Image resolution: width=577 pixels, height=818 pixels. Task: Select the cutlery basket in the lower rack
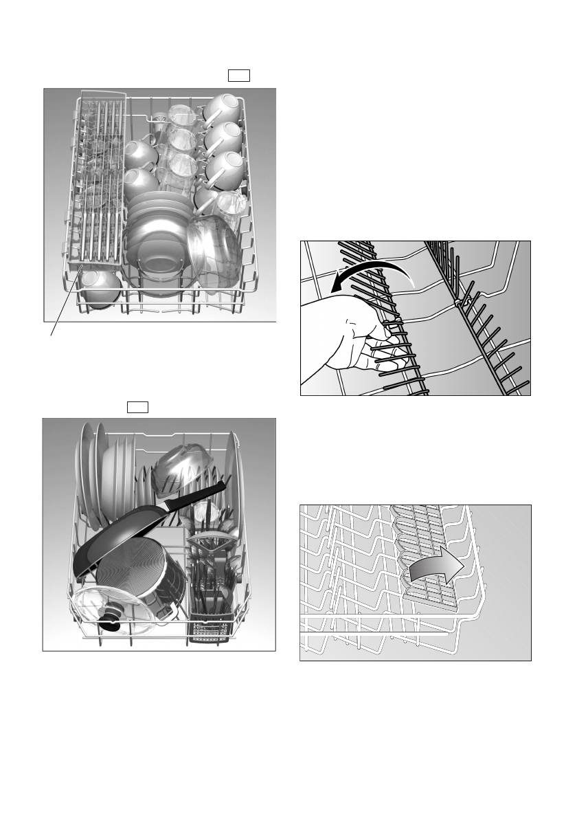[213, 605]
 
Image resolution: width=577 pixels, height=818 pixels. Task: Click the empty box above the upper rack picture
[239, 76]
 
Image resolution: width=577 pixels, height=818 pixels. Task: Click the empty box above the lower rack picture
[138, 408]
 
